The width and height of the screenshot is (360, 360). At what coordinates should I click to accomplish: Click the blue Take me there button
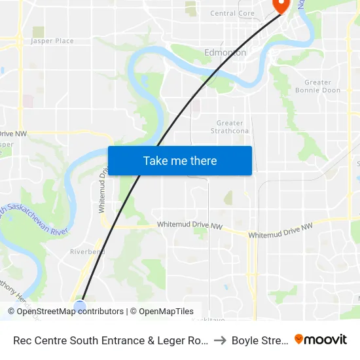(x=179, y=160)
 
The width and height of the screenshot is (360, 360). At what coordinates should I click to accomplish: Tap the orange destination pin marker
(x=281, y=6)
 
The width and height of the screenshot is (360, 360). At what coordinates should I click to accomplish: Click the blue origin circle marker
(x=80, y=306)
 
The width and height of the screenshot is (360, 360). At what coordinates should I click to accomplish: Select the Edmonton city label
(x=225, y=52)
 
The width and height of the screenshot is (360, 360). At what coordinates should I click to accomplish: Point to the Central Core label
(x=232, y=13)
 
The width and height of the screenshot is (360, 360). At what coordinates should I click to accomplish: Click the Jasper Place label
(x=52, y=41)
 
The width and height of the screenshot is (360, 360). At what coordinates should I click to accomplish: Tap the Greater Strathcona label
(x=230, y=127)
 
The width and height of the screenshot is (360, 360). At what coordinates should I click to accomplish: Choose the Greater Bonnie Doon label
(x=322, y=86)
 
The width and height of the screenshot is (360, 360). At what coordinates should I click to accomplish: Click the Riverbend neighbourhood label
(x=88, y=251)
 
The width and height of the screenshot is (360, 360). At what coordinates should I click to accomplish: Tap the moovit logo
(x=320, y=339)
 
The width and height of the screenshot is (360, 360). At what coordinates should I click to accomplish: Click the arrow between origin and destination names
(x=219, y=340)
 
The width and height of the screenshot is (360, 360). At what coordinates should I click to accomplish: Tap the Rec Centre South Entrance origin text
(x=111, y=340)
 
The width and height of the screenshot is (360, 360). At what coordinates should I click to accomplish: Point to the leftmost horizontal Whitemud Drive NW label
(x=190, y=226)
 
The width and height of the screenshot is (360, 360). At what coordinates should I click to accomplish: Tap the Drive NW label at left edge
(x=13, y=134)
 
